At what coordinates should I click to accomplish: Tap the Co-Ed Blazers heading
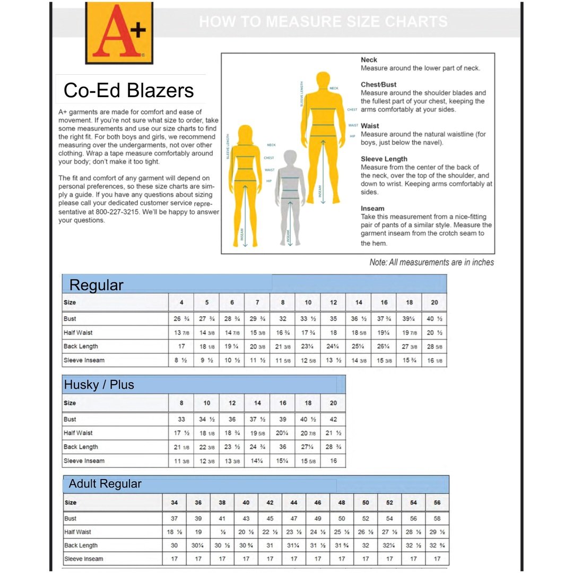tap(128, 90)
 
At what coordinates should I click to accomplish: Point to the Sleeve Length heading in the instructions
tap(384, 159)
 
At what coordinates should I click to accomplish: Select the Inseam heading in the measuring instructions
tap(372, 209)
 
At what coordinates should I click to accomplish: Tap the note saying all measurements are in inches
tap(431, 262)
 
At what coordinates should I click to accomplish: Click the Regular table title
tap(96, 285)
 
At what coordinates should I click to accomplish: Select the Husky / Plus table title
tap(99, 385)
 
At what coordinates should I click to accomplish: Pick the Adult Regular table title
tap(105, 484)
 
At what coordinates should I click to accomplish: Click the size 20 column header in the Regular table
tap(435, 302)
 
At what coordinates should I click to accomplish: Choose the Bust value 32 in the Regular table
tap(283, 319)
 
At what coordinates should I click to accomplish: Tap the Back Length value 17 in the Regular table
tap(181, 346)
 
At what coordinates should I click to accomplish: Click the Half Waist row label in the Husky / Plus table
tap(78, 433)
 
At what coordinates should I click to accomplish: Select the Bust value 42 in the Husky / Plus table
tap(333, 419)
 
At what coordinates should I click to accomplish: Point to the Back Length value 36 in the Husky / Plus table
tap(283, 447)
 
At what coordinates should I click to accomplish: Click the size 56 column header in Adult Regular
tap(437, 502)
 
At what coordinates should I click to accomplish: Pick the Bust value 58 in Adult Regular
tap(437, 518)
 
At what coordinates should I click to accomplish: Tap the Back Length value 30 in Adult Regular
tap(174, 545)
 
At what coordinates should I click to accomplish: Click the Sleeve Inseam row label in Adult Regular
tap(84, 559)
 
